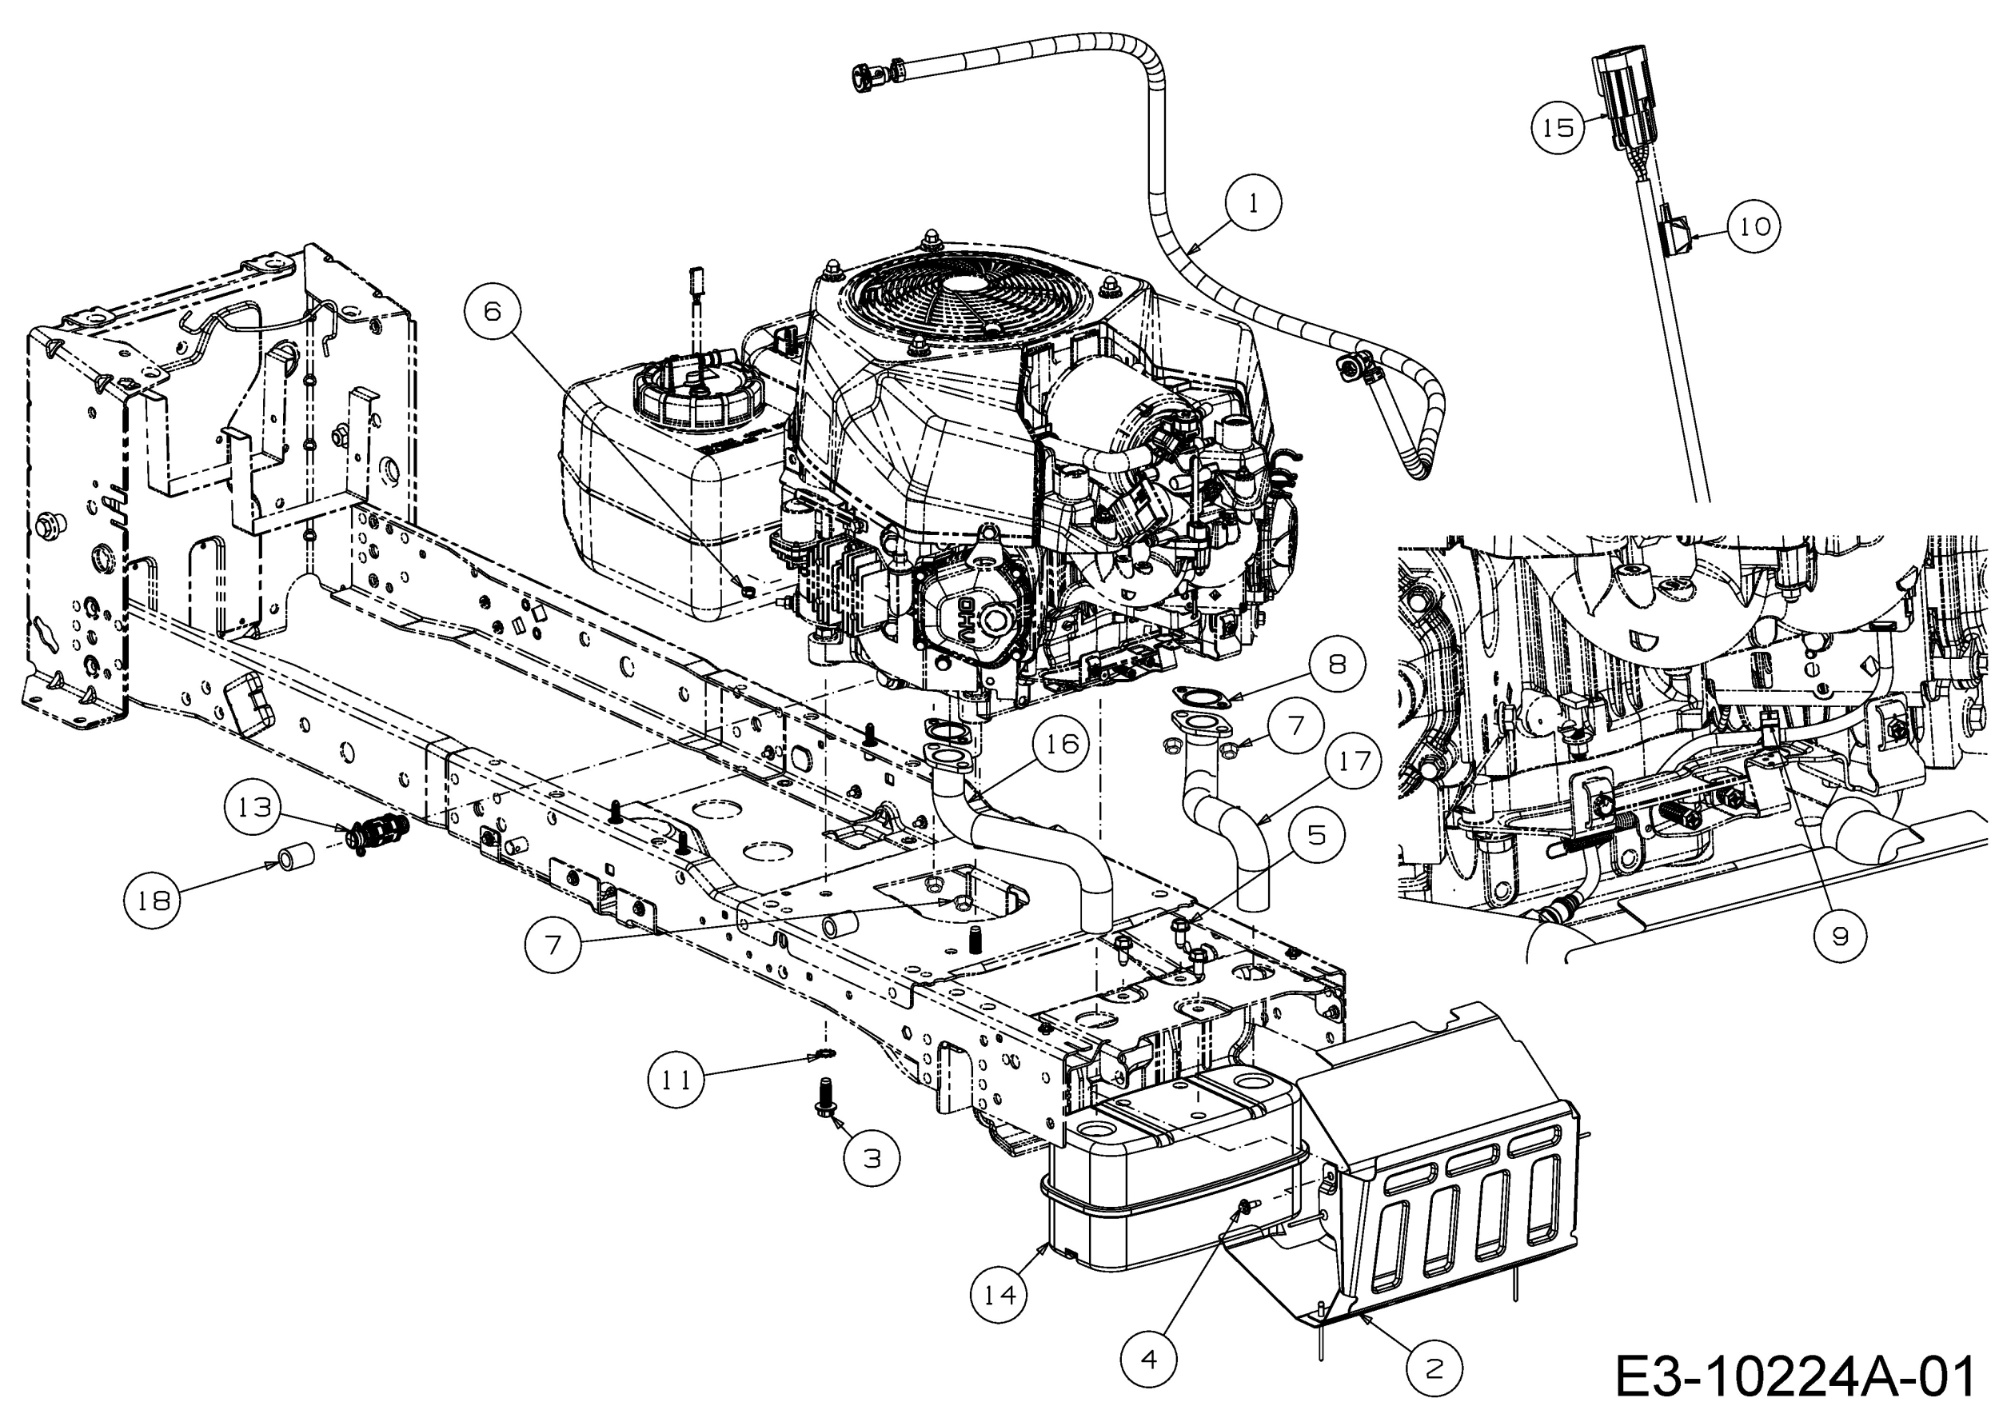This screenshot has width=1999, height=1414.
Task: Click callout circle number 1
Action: tap(1253, 204)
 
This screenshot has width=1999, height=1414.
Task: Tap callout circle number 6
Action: tap(493, 312)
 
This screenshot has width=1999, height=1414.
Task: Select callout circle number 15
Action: tap(1558, 128)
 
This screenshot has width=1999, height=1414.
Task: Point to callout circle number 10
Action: tap(1754, 226)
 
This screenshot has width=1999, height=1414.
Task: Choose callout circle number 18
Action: tap(154, 900)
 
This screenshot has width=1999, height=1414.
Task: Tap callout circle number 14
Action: tap(999, 1295)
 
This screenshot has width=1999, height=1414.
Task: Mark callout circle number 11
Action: tap(676, 1080)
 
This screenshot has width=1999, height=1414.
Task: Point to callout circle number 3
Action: tap(872, 1157)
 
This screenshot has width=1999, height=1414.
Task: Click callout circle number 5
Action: tap(1316, 835)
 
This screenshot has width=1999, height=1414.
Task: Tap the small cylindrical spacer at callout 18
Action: tap(296, 855)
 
